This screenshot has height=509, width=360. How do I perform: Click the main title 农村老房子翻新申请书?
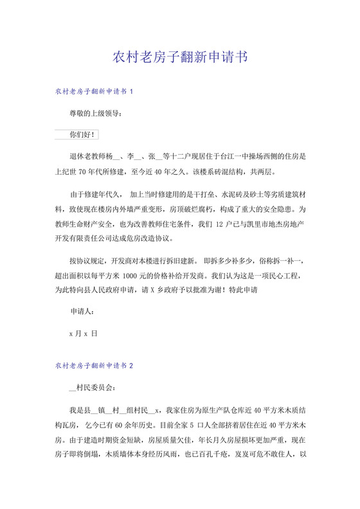[179, 57]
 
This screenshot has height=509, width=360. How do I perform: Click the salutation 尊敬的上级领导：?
[94, 114]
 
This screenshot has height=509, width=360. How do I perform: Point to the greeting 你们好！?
[83, 135]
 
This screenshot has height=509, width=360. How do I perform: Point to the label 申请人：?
[82, 313]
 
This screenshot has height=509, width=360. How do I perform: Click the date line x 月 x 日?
[83, 334]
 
